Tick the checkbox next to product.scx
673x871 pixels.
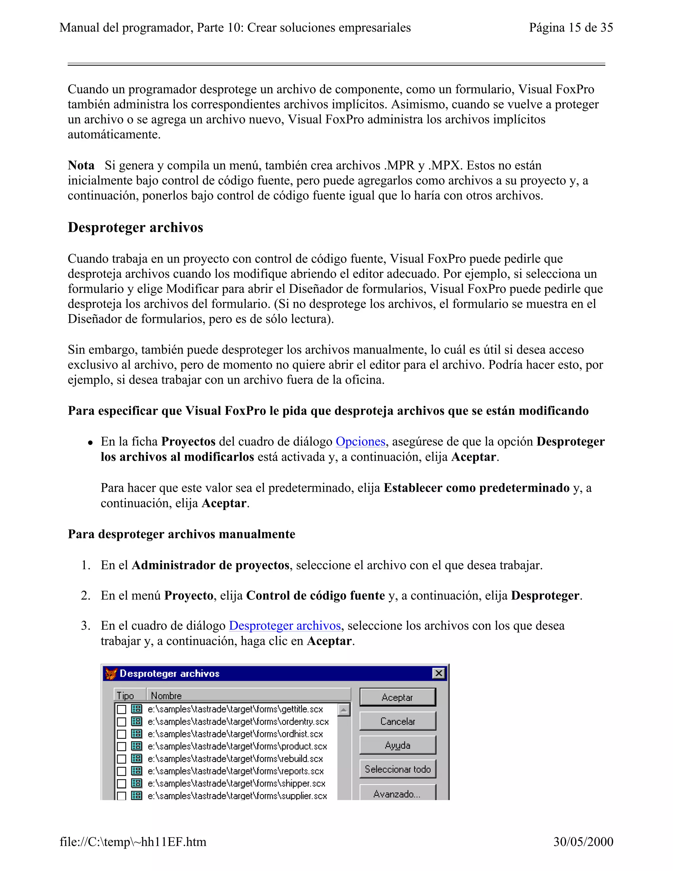[122, 746]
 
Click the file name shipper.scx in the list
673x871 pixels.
[236, 783]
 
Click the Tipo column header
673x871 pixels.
[129, 695]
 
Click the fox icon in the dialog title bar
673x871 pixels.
[111, 673]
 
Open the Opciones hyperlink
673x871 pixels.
[360, 441]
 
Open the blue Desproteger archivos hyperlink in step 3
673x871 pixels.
[285, 625]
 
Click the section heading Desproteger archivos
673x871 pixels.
[136, 227]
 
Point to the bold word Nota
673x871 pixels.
[81, 165]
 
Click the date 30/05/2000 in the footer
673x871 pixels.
[583, 841]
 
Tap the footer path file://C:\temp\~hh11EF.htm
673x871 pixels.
[133, 841]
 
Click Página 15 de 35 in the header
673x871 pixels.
[570, 28]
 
